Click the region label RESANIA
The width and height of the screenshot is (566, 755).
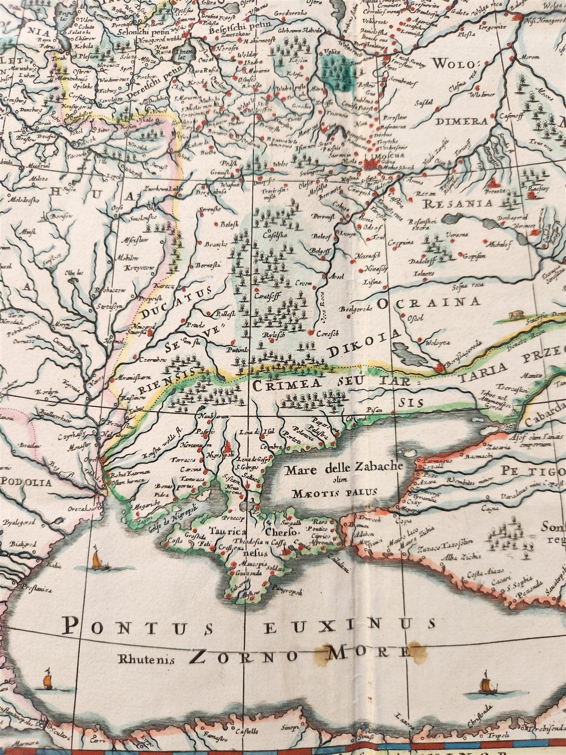458,204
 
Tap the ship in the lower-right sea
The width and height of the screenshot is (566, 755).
485,685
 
